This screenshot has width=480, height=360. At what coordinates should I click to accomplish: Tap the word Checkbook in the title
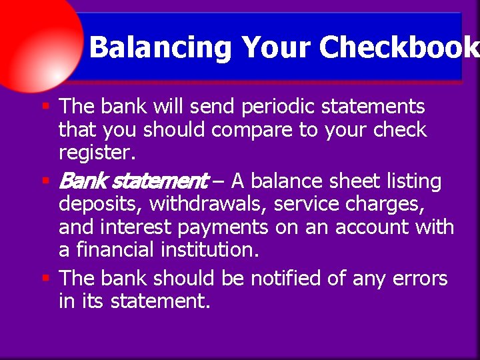399,48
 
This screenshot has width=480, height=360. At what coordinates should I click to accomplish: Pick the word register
97,153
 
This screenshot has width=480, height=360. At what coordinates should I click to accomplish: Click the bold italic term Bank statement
133,181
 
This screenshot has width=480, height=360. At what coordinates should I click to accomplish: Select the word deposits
100,204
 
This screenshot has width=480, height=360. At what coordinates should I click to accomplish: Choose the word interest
135,227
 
